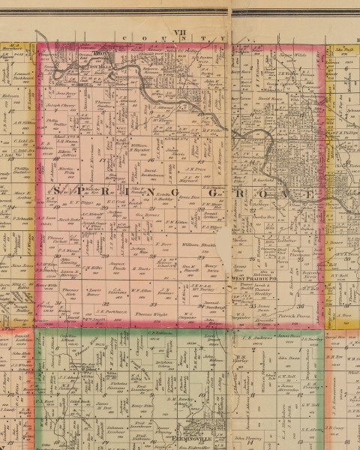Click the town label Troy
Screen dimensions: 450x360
tap(97, 54)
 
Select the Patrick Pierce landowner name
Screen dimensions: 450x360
tap(294, 318)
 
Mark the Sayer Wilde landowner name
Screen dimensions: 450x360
tap(288, 55)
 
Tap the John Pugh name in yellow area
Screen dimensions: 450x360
tap(343, 50)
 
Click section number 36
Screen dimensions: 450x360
tap(300, 307)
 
